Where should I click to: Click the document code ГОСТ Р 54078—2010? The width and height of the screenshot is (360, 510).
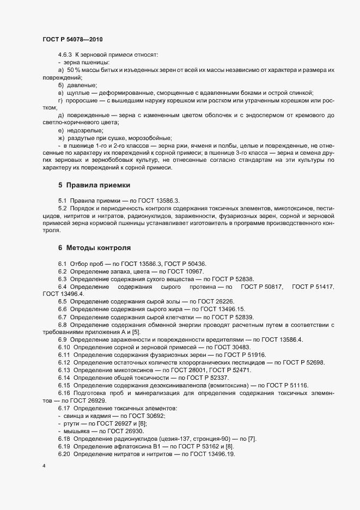pos(72,40)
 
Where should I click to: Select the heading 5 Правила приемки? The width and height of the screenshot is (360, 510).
pos(94,185)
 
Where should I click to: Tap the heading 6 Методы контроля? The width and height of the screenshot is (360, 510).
pos(94,247)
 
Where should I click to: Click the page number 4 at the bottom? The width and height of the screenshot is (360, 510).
pos(44,467)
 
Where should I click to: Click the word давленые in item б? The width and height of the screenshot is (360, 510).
pos(82,86)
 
